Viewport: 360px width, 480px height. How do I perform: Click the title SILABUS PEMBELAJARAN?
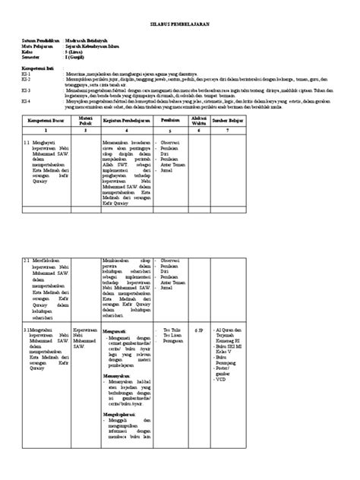[180, 25]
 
